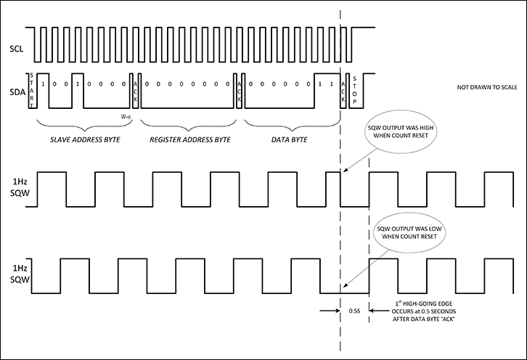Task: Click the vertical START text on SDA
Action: click(31, 90)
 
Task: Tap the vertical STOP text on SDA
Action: click(355, 90)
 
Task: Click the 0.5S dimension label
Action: click(356, 311)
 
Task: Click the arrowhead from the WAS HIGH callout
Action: click(344, 172)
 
